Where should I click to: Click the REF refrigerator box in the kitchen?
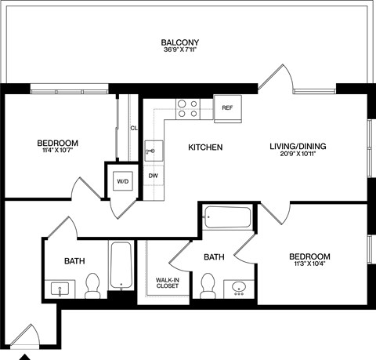point(226,107)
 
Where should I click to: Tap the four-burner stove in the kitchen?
point(186,107)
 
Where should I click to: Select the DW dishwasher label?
point(154,175)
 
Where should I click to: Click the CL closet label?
point(133,128)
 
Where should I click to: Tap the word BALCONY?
point(179,42)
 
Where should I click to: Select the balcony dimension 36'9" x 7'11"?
point(179,52)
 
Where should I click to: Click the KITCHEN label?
point(206,147)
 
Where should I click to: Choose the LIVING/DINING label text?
point(298,146)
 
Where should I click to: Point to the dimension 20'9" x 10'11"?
point(298,155)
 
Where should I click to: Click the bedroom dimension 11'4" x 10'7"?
point(58,151)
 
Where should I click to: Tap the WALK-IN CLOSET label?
point(166,282)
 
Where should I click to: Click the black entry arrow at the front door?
point(26,355)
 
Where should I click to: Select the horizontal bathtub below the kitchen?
point(227,216)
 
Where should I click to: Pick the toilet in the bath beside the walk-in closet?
point(208,286)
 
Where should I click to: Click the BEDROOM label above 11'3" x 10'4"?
point(309,256)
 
